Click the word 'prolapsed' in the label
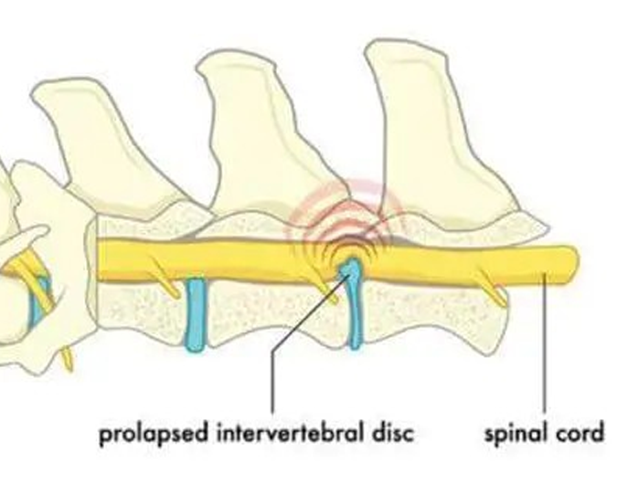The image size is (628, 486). [x=154, y=434]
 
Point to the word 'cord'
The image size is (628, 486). [x=580, y=433]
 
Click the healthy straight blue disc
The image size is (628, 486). [x=196, y=315]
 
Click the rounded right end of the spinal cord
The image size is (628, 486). [x=572, y=264]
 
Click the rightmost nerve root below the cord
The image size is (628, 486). [x=490, y=287]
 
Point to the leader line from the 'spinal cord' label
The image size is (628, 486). [x=544, y=343]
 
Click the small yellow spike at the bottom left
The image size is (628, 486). [x=68, y=359]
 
